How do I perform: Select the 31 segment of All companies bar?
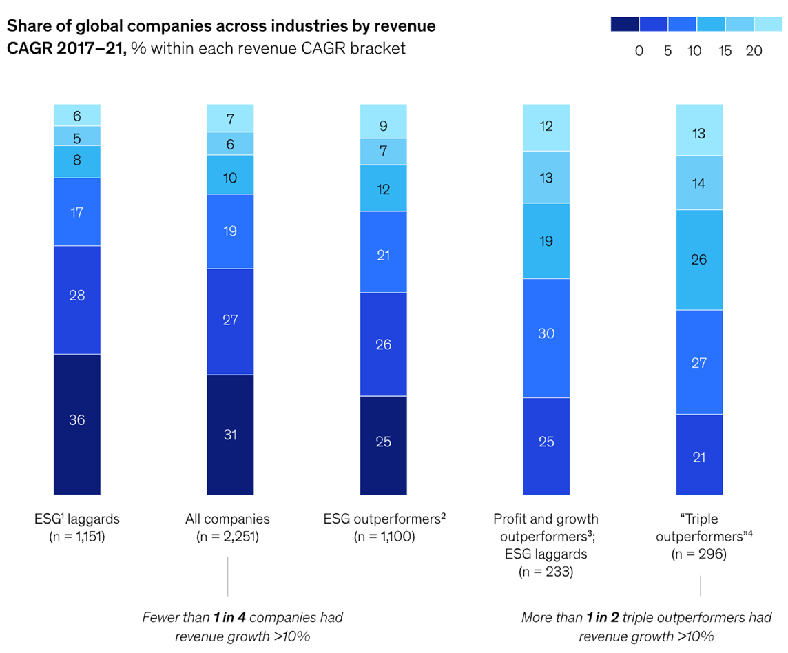tap(230, 434)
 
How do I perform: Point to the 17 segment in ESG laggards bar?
tap(77, 211)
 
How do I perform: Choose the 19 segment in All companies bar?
tap(230, 231)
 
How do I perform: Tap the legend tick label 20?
tap(754, 50)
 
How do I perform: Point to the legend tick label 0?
tap(639, 50)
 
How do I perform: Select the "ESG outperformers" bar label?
tap(384, 519)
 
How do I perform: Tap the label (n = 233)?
tap(546, 571)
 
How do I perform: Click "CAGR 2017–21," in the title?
tap(67, 49)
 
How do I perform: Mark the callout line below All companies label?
tap(228, 577)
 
